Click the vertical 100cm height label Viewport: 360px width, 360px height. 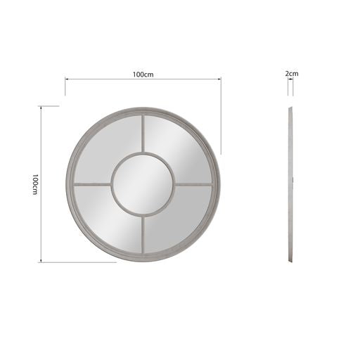pos(34,184)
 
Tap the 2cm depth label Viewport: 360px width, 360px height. pos(292,73)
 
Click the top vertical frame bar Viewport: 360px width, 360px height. pos(143,134)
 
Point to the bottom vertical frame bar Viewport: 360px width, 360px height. pos(143,236)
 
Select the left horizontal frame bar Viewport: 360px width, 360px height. pos(92,185)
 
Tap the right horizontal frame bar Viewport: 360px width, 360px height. pos(194,185)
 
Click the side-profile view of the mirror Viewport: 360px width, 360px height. pos(290,184)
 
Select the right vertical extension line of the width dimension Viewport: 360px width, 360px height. pos(221,116)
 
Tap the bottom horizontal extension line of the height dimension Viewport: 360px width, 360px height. pos(77,262)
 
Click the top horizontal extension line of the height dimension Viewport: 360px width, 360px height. pos(49,106)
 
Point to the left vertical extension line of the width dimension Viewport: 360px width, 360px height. pos(65,86)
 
